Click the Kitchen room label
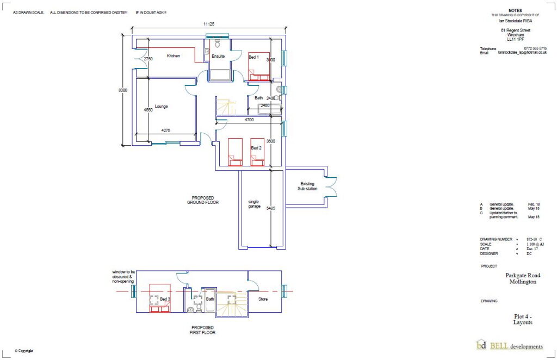[174, 56]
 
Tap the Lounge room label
[161, 107]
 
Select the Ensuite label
[218, 56]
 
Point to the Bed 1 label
[254, 57]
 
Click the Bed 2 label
[256, 147]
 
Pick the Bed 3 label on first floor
[164, 299]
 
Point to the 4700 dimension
[249, 120]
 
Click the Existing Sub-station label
[307, 187]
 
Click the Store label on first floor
[263, 299]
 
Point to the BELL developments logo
[509, 346]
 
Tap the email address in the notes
[521, 53]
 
